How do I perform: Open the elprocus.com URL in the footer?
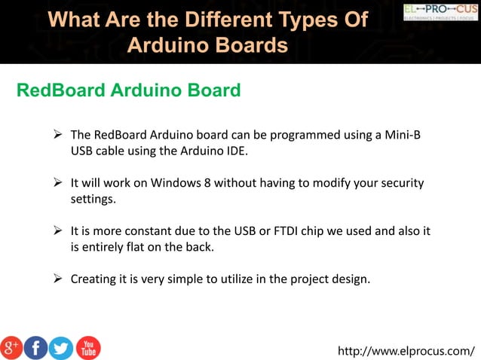[407, 351]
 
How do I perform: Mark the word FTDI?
[287, 230]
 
